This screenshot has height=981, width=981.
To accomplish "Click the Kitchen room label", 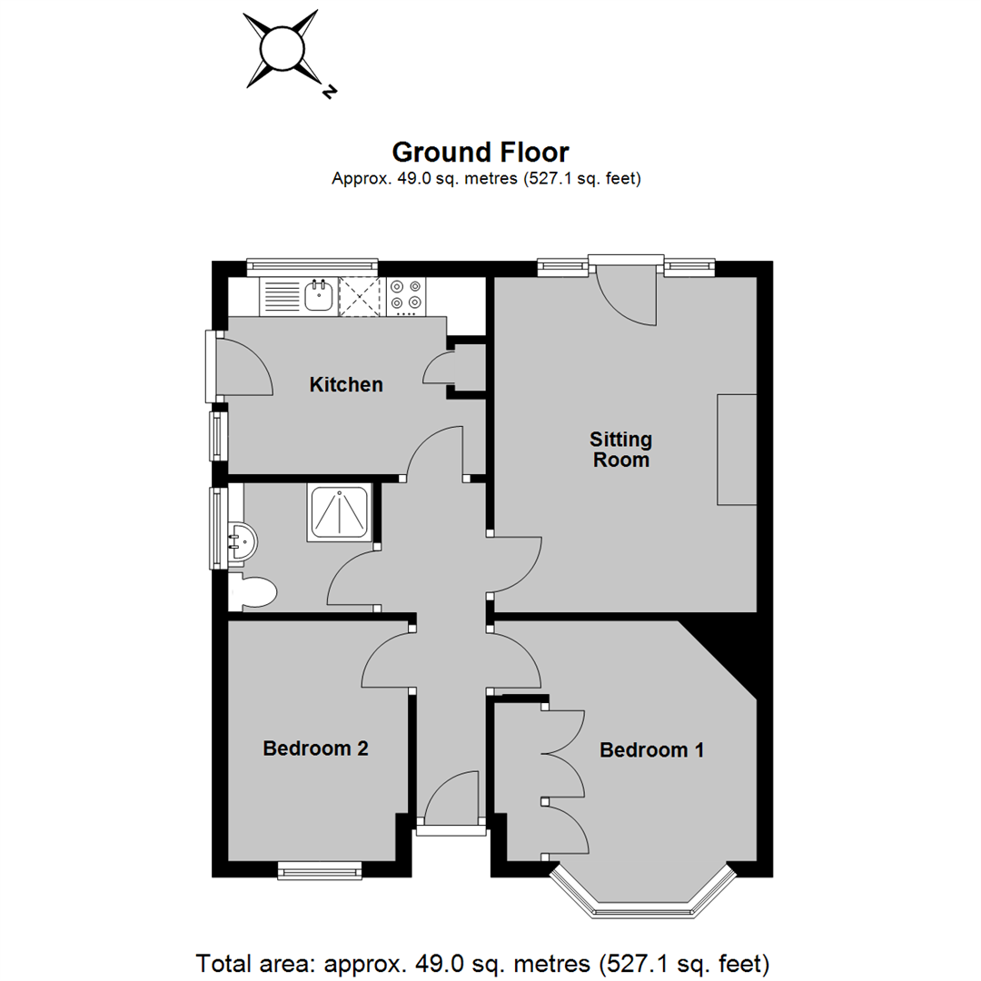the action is [346, 384].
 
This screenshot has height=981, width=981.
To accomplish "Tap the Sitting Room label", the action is [620, 450].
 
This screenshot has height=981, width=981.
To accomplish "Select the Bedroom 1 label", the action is [652, 749].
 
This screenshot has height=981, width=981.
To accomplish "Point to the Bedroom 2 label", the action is [315, 748].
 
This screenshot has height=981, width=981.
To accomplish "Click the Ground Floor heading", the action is [481, 152].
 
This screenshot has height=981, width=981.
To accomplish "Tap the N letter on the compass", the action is [329, 91].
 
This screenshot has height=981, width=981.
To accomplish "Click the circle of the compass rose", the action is [282, 49].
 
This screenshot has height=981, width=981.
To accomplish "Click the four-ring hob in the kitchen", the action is [405, 295].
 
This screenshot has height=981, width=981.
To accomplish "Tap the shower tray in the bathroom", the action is [339, 513].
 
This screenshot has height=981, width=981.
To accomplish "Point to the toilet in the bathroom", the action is [253, 592].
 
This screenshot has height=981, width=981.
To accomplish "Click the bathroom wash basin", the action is [243, 541].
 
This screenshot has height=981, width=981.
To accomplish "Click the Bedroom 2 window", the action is [320, 870].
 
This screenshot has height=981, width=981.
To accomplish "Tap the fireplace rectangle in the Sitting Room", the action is [737, 450].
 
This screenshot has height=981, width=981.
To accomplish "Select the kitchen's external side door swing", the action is [245, 367].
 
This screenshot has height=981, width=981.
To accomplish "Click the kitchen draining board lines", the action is [282, 296].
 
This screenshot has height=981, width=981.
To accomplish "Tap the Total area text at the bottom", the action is [482, 964].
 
